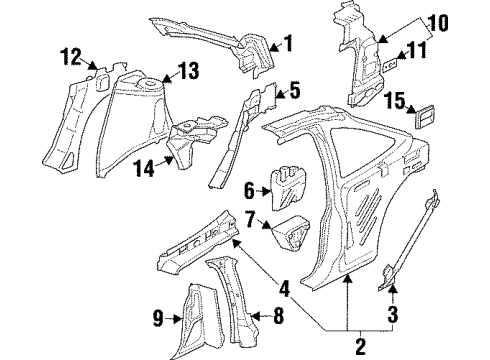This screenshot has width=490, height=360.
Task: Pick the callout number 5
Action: (x=294, y=91)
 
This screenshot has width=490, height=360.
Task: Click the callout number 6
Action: (x=251, y=186)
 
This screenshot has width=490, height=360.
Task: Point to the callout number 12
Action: (x=67, y=58)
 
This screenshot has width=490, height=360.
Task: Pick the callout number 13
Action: (x=188, y=70)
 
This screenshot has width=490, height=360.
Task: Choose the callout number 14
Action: (x=145, y=170)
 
